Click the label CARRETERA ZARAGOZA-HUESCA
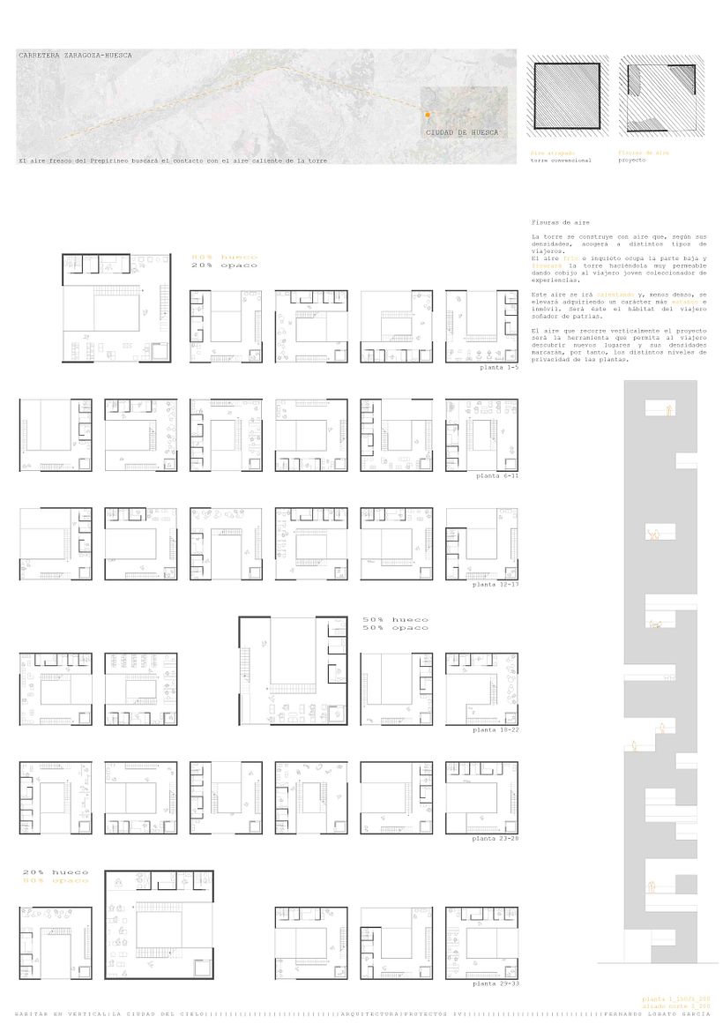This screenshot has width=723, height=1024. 75,56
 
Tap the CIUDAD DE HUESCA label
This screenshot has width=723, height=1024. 461,132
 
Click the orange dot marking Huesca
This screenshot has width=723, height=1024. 427,115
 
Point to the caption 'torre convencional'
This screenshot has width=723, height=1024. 561,161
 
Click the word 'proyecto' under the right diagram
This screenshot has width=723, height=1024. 632,161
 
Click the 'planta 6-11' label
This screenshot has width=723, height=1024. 496,475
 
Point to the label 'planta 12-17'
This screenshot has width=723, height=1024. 495,585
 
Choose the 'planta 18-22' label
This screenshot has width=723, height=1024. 495,730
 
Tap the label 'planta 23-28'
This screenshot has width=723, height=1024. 495,839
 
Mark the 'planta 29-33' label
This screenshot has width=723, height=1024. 495,983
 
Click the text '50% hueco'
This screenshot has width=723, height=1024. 395,619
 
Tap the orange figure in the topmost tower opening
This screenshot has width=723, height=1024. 668,410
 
